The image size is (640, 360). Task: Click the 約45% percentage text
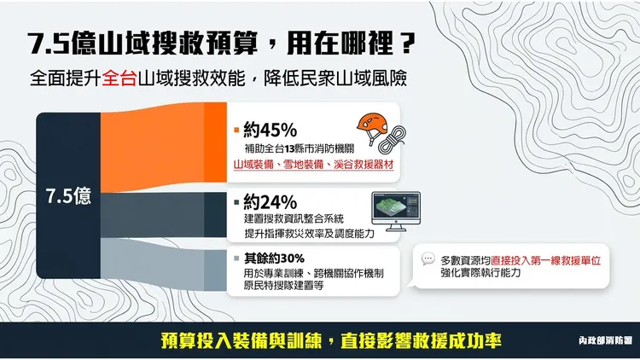(269, 131)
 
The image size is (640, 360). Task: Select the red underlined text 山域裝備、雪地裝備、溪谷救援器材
(312, 162)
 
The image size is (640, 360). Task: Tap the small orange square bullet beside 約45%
(236, 131)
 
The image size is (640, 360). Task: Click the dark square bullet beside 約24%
(236, 203)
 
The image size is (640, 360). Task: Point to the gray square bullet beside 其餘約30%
(236, 258)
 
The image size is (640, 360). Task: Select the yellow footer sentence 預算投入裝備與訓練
(241, 339)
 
